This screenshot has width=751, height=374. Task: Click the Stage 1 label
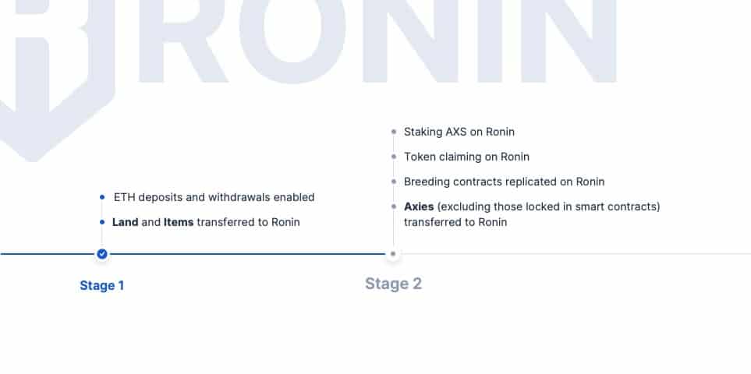point(102,285)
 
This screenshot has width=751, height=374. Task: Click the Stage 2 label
point(393,284)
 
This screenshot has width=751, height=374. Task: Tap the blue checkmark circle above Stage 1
point(102,254)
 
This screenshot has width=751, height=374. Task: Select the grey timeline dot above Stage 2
point(393,254)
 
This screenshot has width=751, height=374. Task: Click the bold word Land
point(125,222)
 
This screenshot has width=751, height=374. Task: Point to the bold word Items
point(179,222)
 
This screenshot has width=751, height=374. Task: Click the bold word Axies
point(419,206)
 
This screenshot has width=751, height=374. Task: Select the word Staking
point(423,132)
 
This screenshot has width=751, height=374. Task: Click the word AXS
point(456,132)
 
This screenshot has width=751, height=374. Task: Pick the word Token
point(418,157)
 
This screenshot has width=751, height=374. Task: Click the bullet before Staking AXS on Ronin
point(394,132)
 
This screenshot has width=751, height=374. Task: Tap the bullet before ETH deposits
point(102,197)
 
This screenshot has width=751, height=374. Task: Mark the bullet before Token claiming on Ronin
point(394,157)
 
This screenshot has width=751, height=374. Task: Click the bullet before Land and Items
point(102,222)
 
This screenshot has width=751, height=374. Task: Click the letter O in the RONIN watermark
point(292,36)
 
